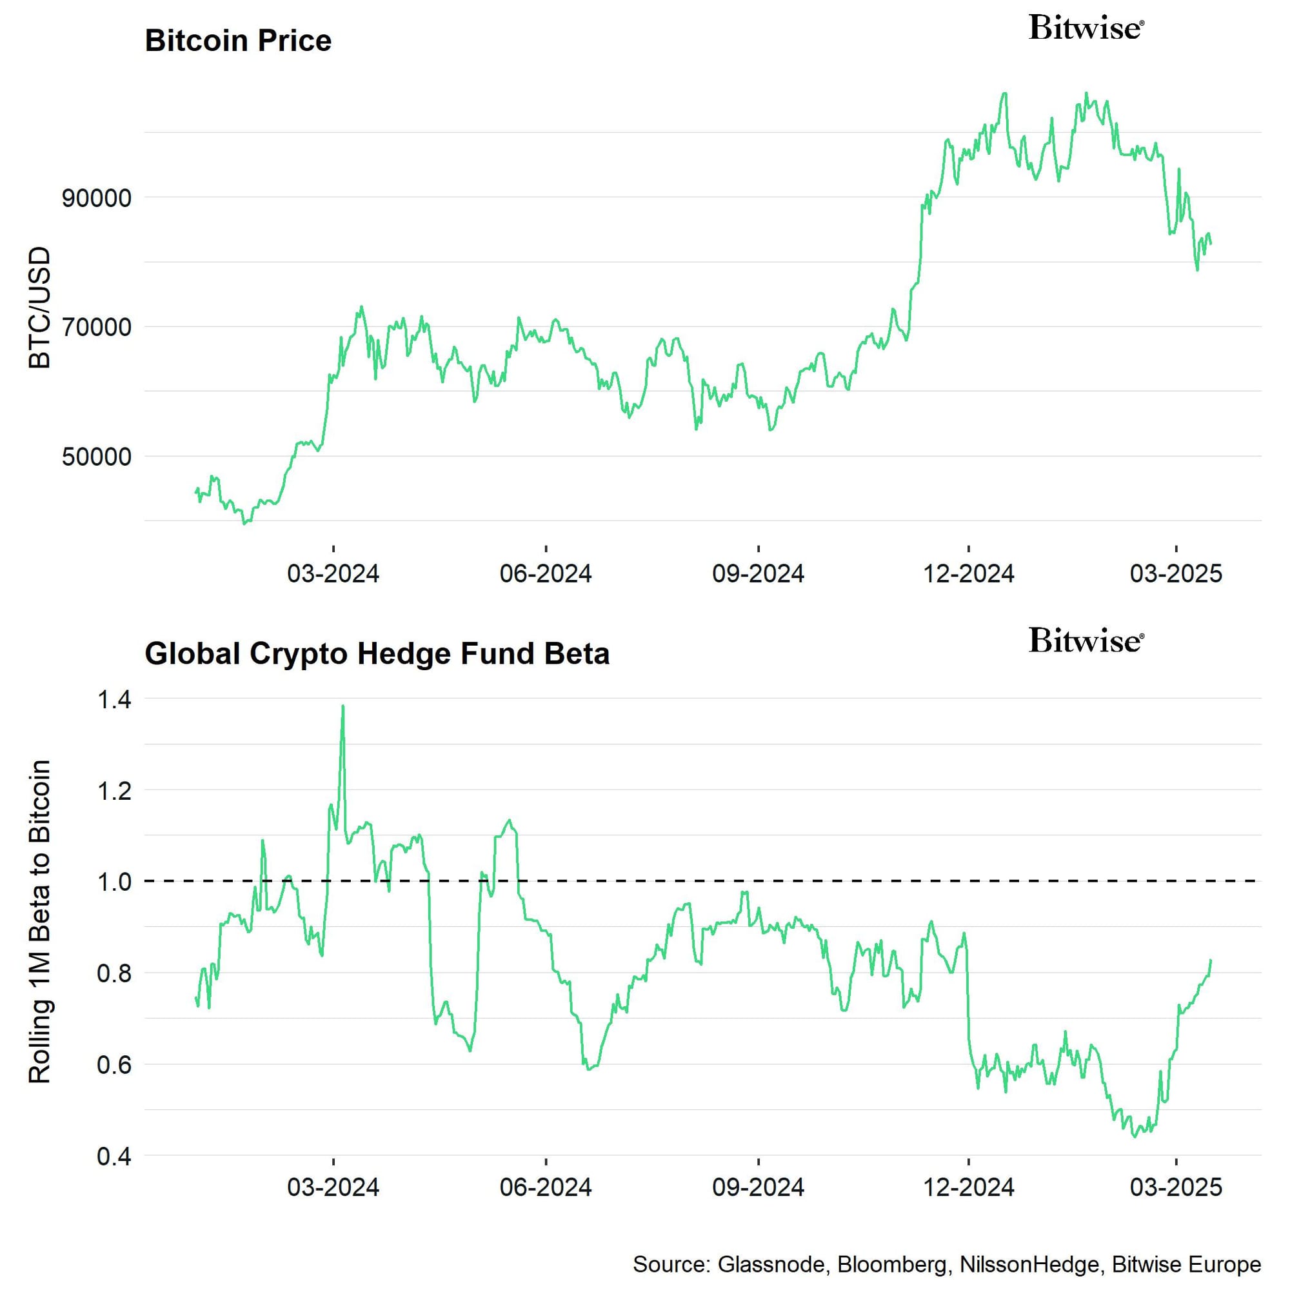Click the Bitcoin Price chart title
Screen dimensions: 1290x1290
(238, 41)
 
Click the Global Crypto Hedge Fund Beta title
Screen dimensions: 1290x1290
(377, 653)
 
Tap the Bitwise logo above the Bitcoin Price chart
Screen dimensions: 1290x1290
(1086, 28)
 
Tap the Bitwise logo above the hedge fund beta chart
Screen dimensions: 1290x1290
(1086, 640)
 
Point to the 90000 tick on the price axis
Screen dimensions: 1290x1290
(96, 198)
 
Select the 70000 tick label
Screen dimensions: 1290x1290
(96, 328)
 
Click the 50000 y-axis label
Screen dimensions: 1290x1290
(96, 457)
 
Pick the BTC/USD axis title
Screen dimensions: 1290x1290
(40, 307)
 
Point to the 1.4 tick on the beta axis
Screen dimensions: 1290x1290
(114, 700)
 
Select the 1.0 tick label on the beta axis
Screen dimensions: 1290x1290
(114, 882)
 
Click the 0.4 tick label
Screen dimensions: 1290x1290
(114, 1156)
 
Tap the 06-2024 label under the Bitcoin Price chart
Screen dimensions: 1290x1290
(546, 573)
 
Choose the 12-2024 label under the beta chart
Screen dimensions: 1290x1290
(968, 1187)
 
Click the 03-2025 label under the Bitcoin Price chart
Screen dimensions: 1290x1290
(1175, 573)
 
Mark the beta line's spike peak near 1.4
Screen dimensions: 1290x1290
(342, 706)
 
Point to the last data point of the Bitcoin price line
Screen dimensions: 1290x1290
(1211, 244)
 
